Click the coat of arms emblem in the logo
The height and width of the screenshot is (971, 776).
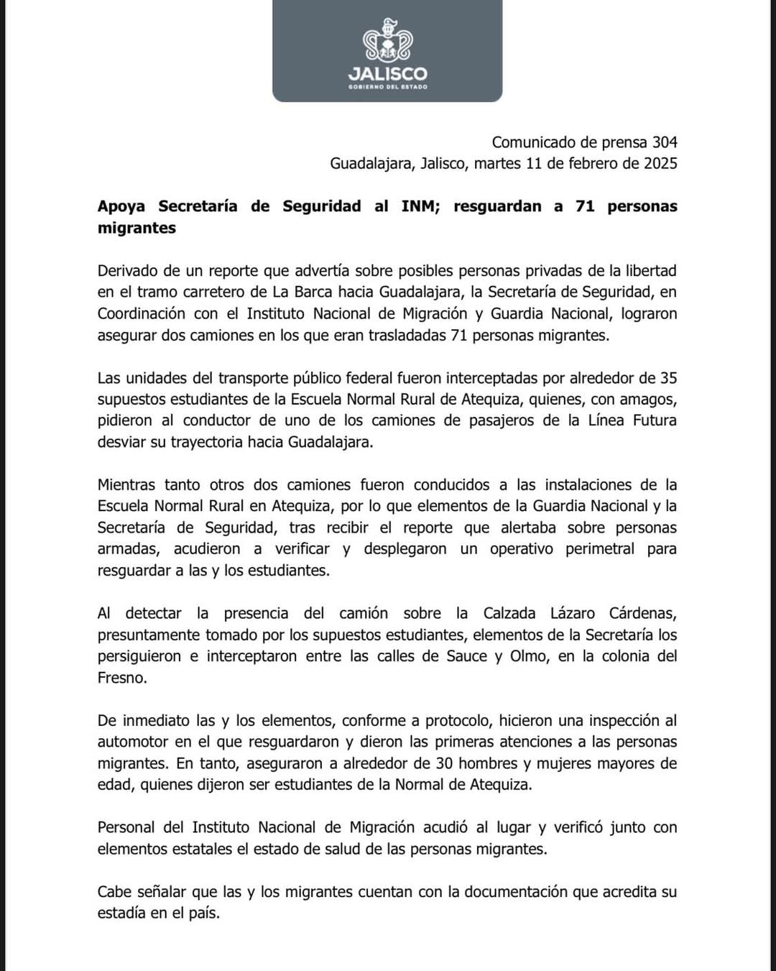coord(387,42)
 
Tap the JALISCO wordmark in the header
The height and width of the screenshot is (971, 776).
coord(387,74)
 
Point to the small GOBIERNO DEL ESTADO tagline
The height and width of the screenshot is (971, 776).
coord(387,87)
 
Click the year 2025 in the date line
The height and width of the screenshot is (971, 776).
coord(660,163)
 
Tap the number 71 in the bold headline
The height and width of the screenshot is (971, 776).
coord(585,206)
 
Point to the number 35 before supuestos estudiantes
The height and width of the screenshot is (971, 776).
coord(668,378)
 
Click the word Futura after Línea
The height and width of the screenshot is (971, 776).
coord(655,420)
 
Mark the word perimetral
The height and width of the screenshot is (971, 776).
coord(600,549)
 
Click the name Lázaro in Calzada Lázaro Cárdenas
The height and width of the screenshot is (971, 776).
coord(572,614)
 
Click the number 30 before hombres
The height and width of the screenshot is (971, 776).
coord(443,763)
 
